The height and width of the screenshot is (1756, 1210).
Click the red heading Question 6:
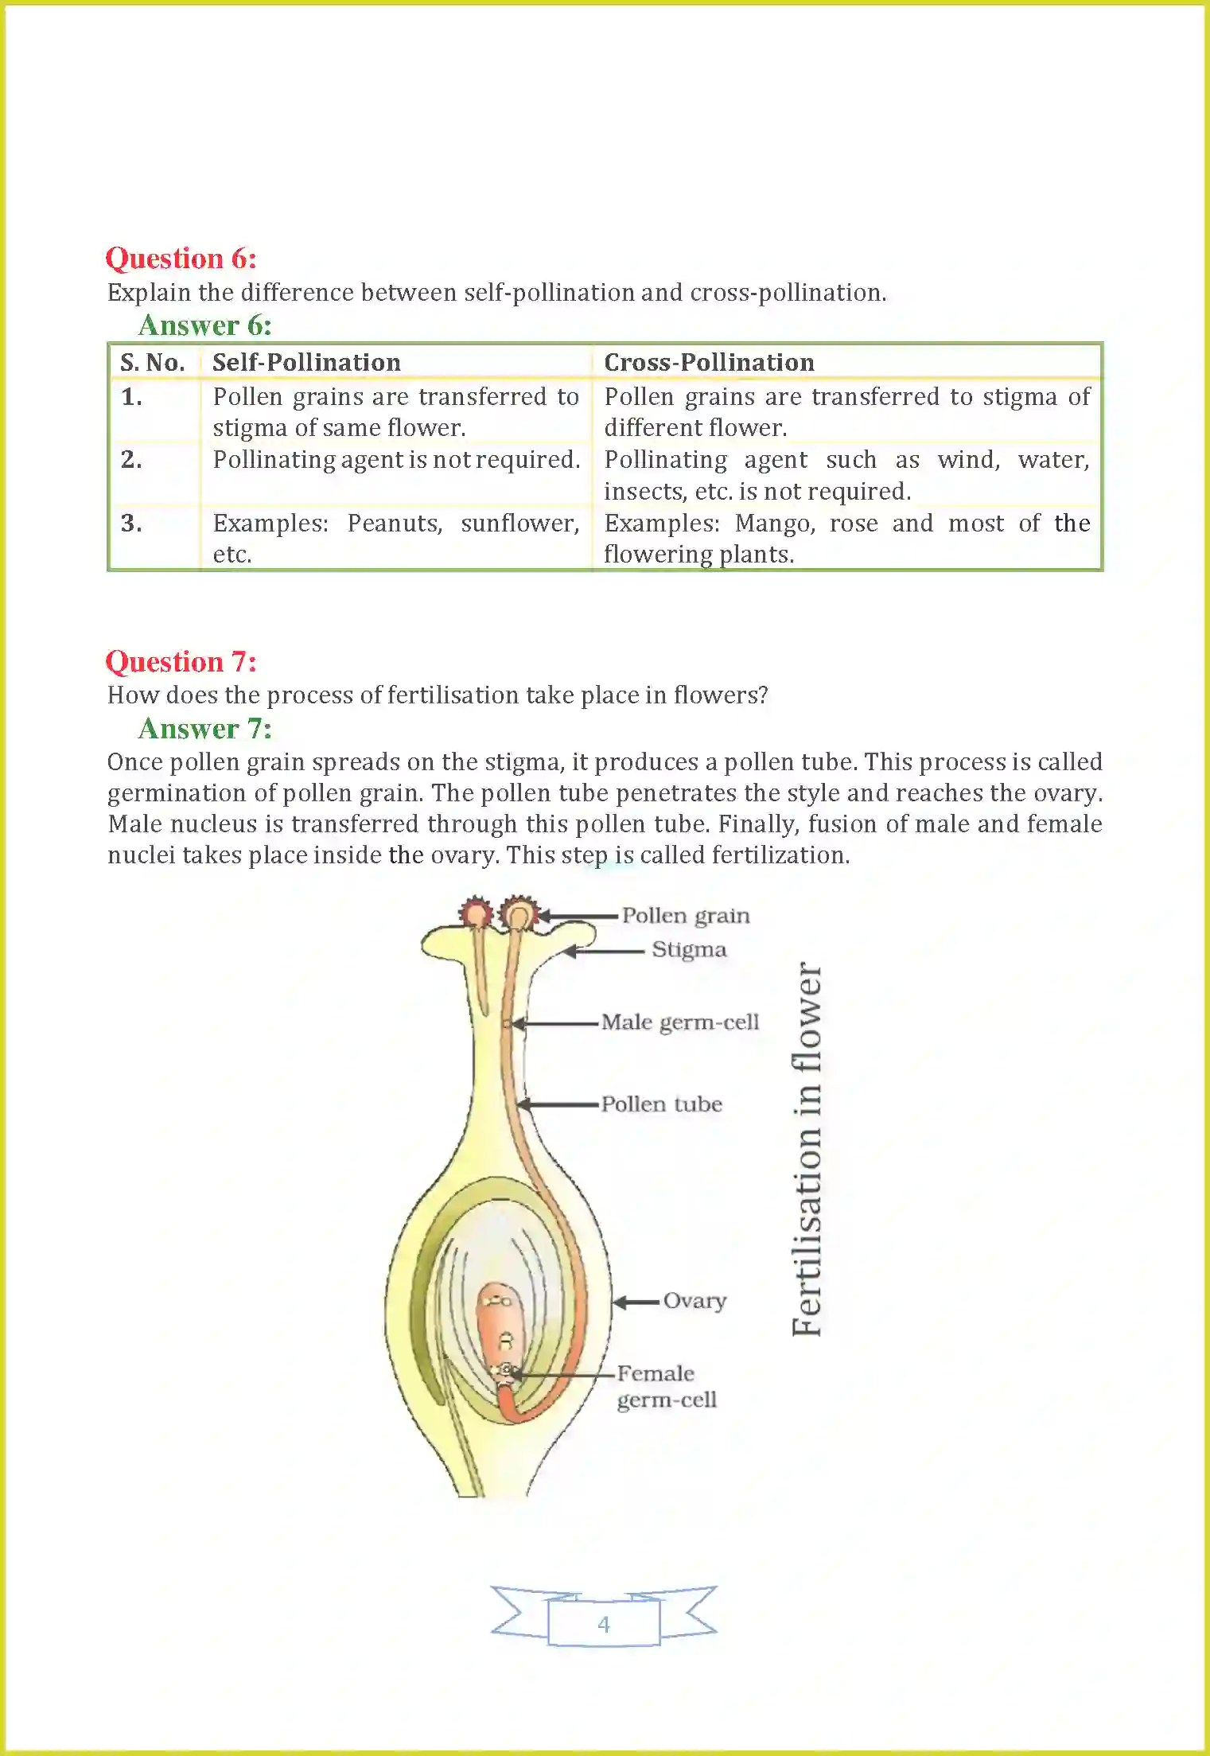point(181,259)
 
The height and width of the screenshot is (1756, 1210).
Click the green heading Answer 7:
point(204,729)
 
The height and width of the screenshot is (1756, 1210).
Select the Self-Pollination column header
point(306,363)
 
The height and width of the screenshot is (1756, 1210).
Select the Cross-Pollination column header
point(709,363)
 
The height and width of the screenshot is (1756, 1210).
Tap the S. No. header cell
point(153,363)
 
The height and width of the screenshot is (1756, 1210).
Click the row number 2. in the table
point(132,460)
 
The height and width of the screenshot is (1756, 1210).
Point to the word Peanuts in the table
point(395,524)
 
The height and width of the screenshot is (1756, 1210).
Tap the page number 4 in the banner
point(604,1624)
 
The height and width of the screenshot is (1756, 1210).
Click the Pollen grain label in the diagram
point(685,916)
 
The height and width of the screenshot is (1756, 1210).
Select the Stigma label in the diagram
point(689,950)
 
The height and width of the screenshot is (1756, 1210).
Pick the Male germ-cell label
point(680,1022)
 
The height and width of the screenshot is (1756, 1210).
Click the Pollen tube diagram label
point(661,1104)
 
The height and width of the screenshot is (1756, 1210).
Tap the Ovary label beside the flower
point(694,1301)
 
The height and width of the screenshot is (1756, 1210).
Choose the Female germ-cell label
point(666,1387)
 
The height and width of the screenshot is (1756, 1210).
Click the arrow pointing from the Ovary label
point(636,1302)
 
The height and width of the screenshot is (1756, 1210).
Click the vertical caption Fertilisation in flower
point(807,1150)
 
